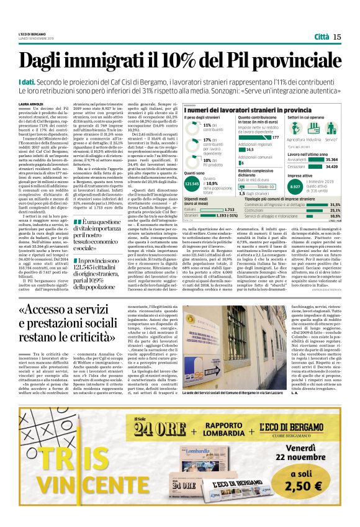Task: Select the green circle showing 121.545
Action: tap(192, 183)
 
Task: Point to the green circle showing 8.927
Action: tap(297, 186)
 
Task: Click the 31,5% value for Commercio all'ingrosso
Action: tap(336, 204)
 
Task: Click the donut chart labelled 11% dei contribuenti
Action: tap(191, 127)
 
